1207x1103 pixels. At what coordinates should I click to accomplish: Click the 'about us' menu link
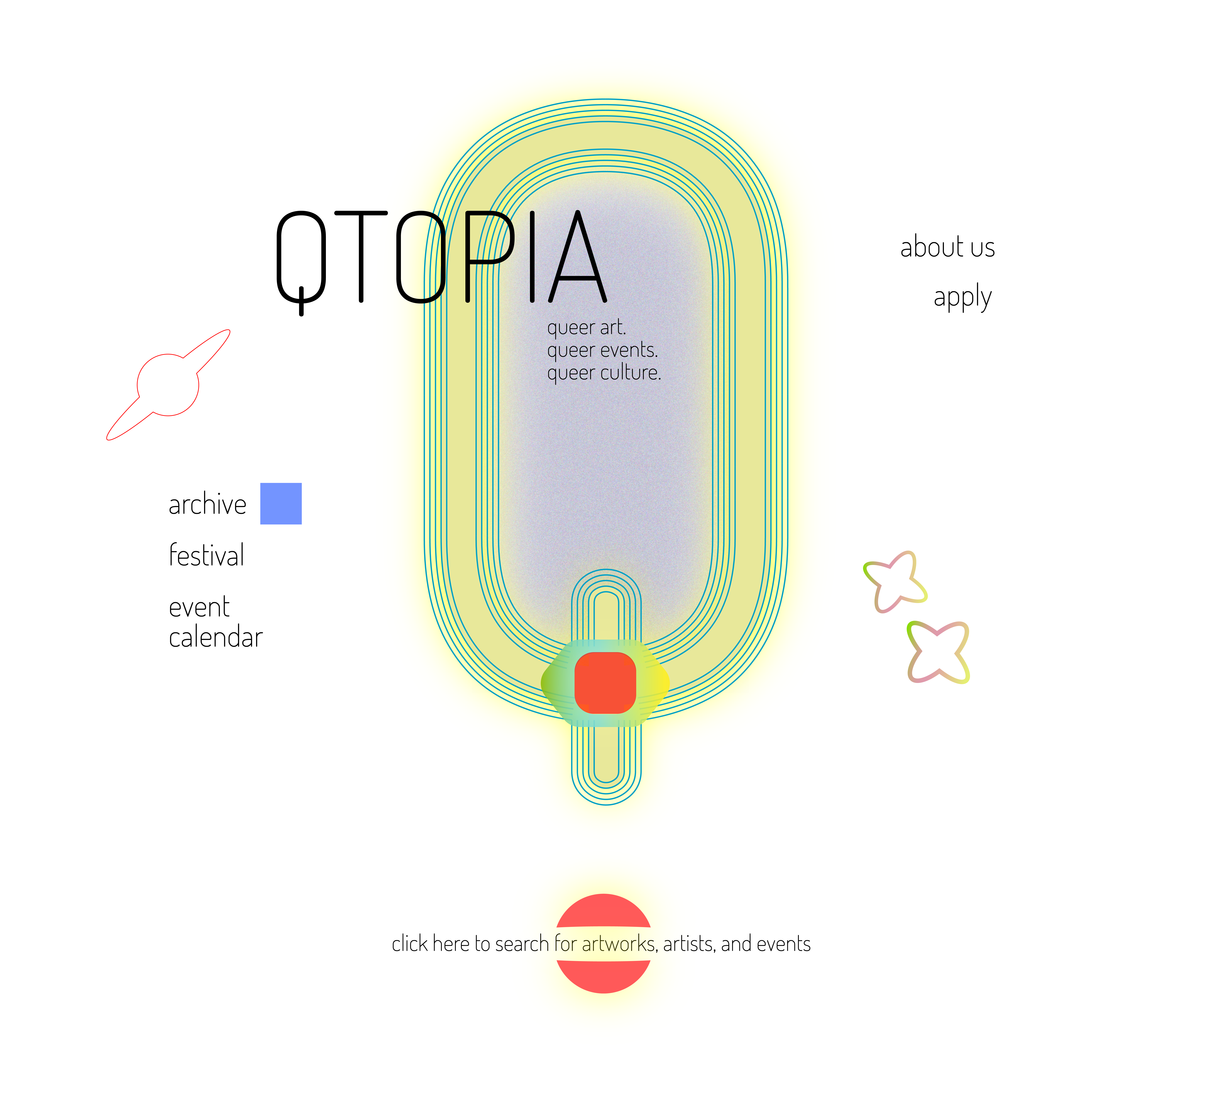[947, 247]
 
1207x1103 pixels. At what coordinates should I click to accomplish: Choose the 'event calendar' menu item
[216, 622]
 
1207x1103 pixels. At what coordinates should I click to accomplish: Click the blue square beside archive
[281, 503]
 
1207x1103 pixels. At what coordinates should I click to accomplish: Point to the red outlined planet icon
[168, 385]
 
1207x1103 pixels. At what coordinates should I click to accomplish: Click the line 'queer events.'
[602, 350]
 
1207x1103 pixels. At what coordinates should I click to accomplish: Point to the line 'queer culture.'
[604, 373]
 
